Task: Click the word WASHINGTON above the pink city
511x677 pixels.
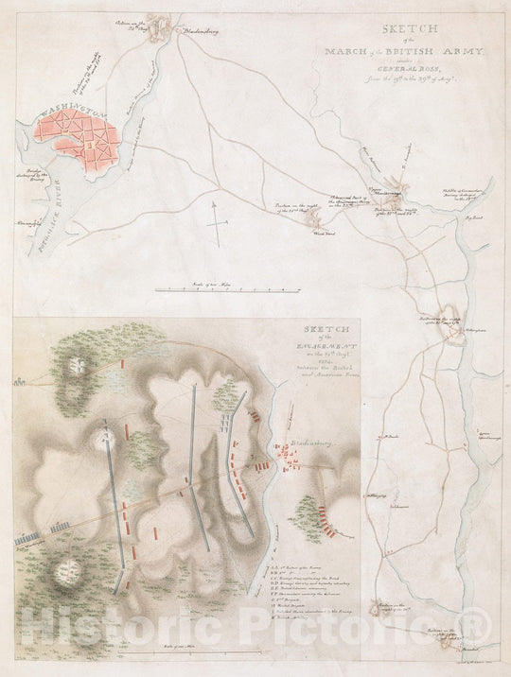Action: click(69, 113)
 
